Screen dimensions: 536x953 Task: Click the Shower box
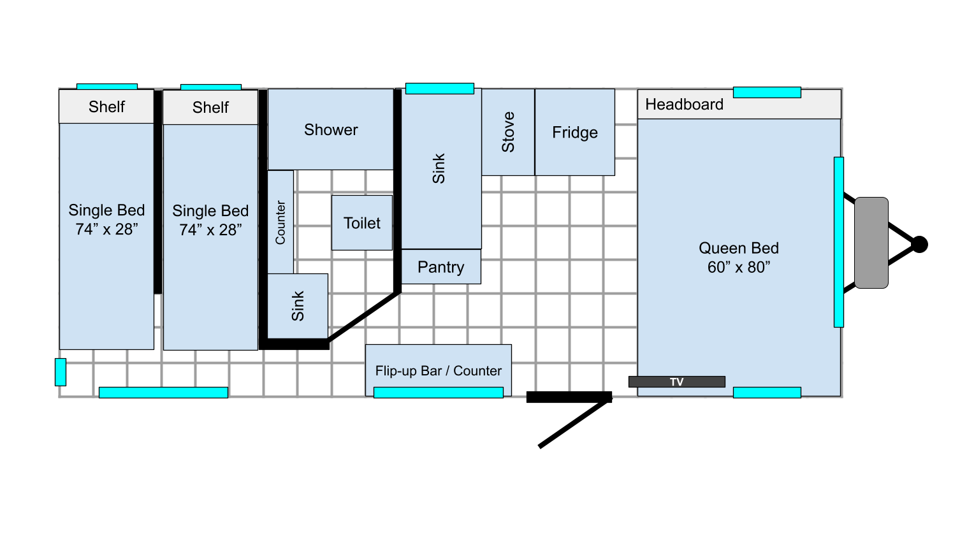click(x=331, y=129)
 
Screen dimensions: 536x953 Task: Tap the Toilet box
click(x=362, y=223)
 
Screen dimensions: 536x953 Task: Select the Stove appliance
click(x=508, y=132)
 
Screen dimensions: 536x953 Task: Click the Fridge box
click(x=575, y=132)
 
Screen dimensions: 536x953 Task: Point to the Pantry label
click(x=441, y=267)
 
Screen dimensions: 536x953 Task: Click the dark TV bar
click(x=677, y=382)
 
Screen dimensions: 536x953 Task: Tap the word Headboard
click(x=685, y=105)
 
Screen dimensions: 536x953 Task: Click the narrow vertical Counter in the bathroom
click(x=280, y=222)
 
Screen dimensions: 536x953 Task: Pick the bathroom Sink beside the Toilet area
click(x=298, y=307)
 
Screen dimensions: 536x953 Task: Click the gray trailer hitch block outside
click(x=871, y=243)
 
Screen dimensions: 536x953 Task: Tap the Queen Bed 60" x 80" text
click(x=739, y=257)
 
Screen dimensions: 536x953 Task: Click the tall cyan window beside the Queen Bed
click(x=839, y=242)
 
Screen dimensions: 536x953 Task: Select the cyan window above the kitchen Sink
click(x=440, y=89)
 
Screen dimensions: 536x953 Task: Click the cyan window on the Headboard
click(x=767, y=92)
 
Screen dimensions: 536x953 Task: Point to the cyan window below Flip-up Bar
click(x=439, y=393)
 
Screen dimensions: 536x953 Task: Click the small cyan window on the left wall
click(x=61, y=372)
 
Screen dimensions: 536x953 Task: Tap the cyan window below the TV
click(x=767, y=393)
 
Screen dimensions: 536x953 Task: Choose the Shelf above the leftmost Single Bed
click(x=106, y=106)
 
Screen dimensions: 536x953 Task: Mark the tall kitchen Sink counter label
click(x=439, y=169)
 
